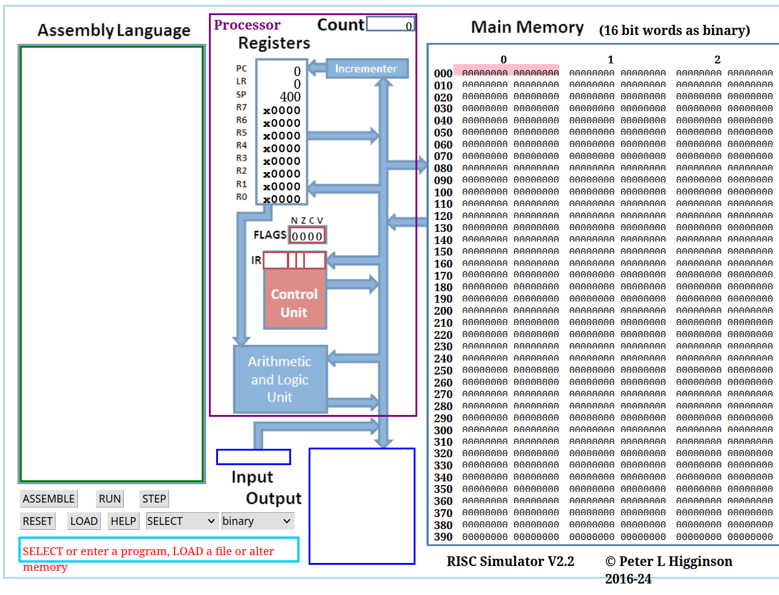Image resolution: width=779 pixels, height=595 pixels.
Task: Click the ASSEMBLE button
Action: click(x=49, y=498)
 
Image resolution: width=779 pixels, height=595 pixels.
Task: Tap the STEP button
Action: click(x=154, y=498)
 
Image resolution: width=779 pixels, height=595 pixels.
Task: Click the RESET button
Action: click(x=37, y=521)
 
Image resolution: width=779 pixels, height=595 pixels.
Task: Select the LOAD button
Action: click(x=84, y=521)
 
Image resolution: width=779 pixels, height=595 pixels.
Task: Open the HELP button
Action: click(x=123, y=521)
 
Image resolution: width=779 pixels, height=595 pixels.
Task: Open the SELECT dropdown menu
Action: click(x=182, y=521)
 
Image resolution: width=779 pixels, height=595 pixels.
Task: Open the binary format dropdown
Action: click(x=258, y=521)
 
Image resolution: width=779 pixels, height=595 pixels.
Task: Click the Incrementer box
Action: click(x=367, y=68)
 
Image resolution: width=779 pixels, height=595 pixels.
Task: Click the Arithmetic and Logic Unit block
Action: click(x=280, y=379)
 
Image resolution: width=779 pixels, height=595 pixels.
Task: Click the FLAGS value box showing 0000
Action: click(x=307, y=236)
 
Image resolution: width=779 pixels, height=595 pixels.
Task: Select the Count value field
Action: click(x=390, y=25)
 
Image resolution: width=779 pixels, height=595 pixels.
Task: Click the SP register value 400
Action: click(x=290, y=97)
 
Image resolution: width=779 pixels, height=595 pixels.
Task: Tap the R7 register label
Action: click(x=242, y=107)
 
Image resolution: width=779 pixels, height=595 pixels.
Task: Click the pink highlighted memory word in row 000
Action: click(x=506, y=70)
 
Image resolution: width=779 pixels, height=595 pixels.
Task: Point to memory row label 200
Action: click(x=443, y=311)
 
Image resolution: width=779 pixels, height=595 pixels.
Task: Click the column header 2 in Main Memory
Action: click(x=717, y=59)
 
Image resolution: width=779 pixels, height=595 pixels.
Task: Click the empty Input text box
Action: click(x=254, y=457)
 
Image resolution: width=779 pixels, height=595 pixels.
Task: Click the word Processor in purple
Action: click(x=247, y=25)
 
